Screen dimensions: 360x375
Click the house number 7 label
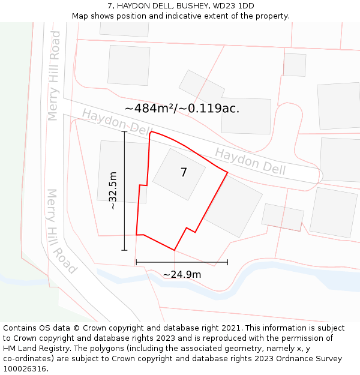tap(184, 173)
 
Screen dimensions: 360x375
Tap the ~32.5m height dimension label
tap(112, 190)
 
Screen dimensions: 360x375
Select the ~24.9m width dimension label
tap(182, 275)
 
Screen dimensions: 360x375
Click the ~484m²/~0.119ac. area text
tap(182, 109)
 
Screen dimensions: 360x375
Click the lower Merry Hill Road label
tap(61, 231)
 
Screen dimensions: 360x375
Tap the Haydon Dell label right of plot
tap(250, 162)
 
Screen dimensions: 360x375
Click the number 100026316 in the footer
tap(25, 369)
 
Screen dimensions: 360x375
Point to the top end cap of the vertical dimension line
tap(124, 131)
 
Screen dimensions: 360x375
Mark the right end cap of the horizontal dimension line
tap(227, 262)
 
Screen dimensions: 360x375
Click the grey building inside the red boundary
tap(179, 174)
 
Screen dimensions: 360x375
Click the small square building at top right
tap(295, 65)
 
